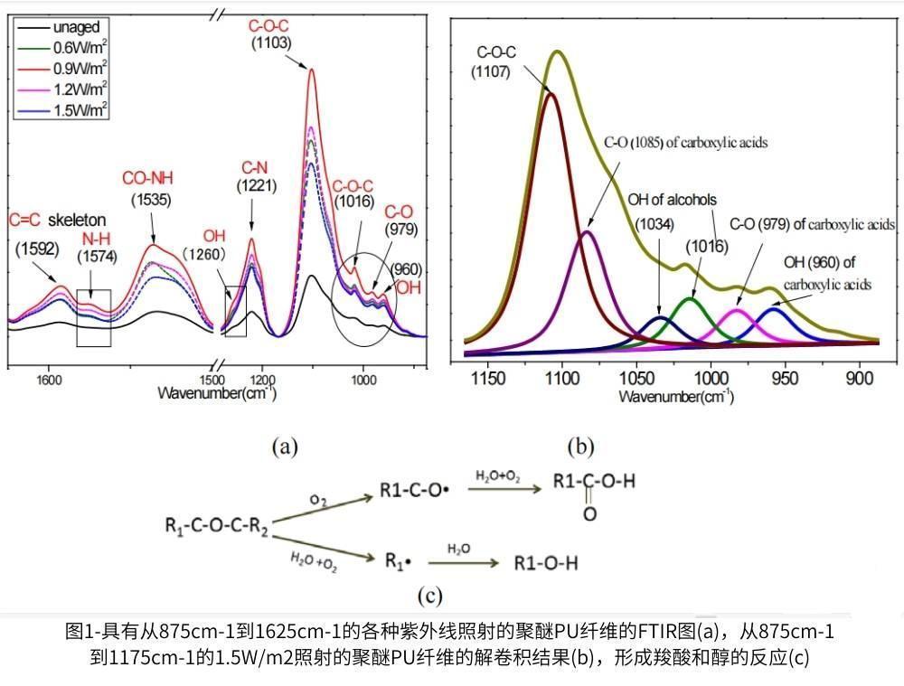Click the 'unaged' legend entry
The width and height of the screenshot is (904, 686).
tap(76, 27)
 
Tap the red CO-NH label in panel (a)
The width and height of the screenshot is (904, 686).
tap(150, 180)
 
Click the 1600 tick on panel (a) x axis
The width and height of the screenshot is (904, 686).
tap(49, 381)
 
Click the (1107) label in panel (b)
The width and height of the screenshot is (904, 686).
tap(492, 73)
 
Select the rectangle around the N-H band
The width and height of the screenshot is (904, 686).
tap(94, 317)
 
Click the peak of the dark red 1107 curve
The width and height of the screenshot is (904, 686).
tap(551, 93)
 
